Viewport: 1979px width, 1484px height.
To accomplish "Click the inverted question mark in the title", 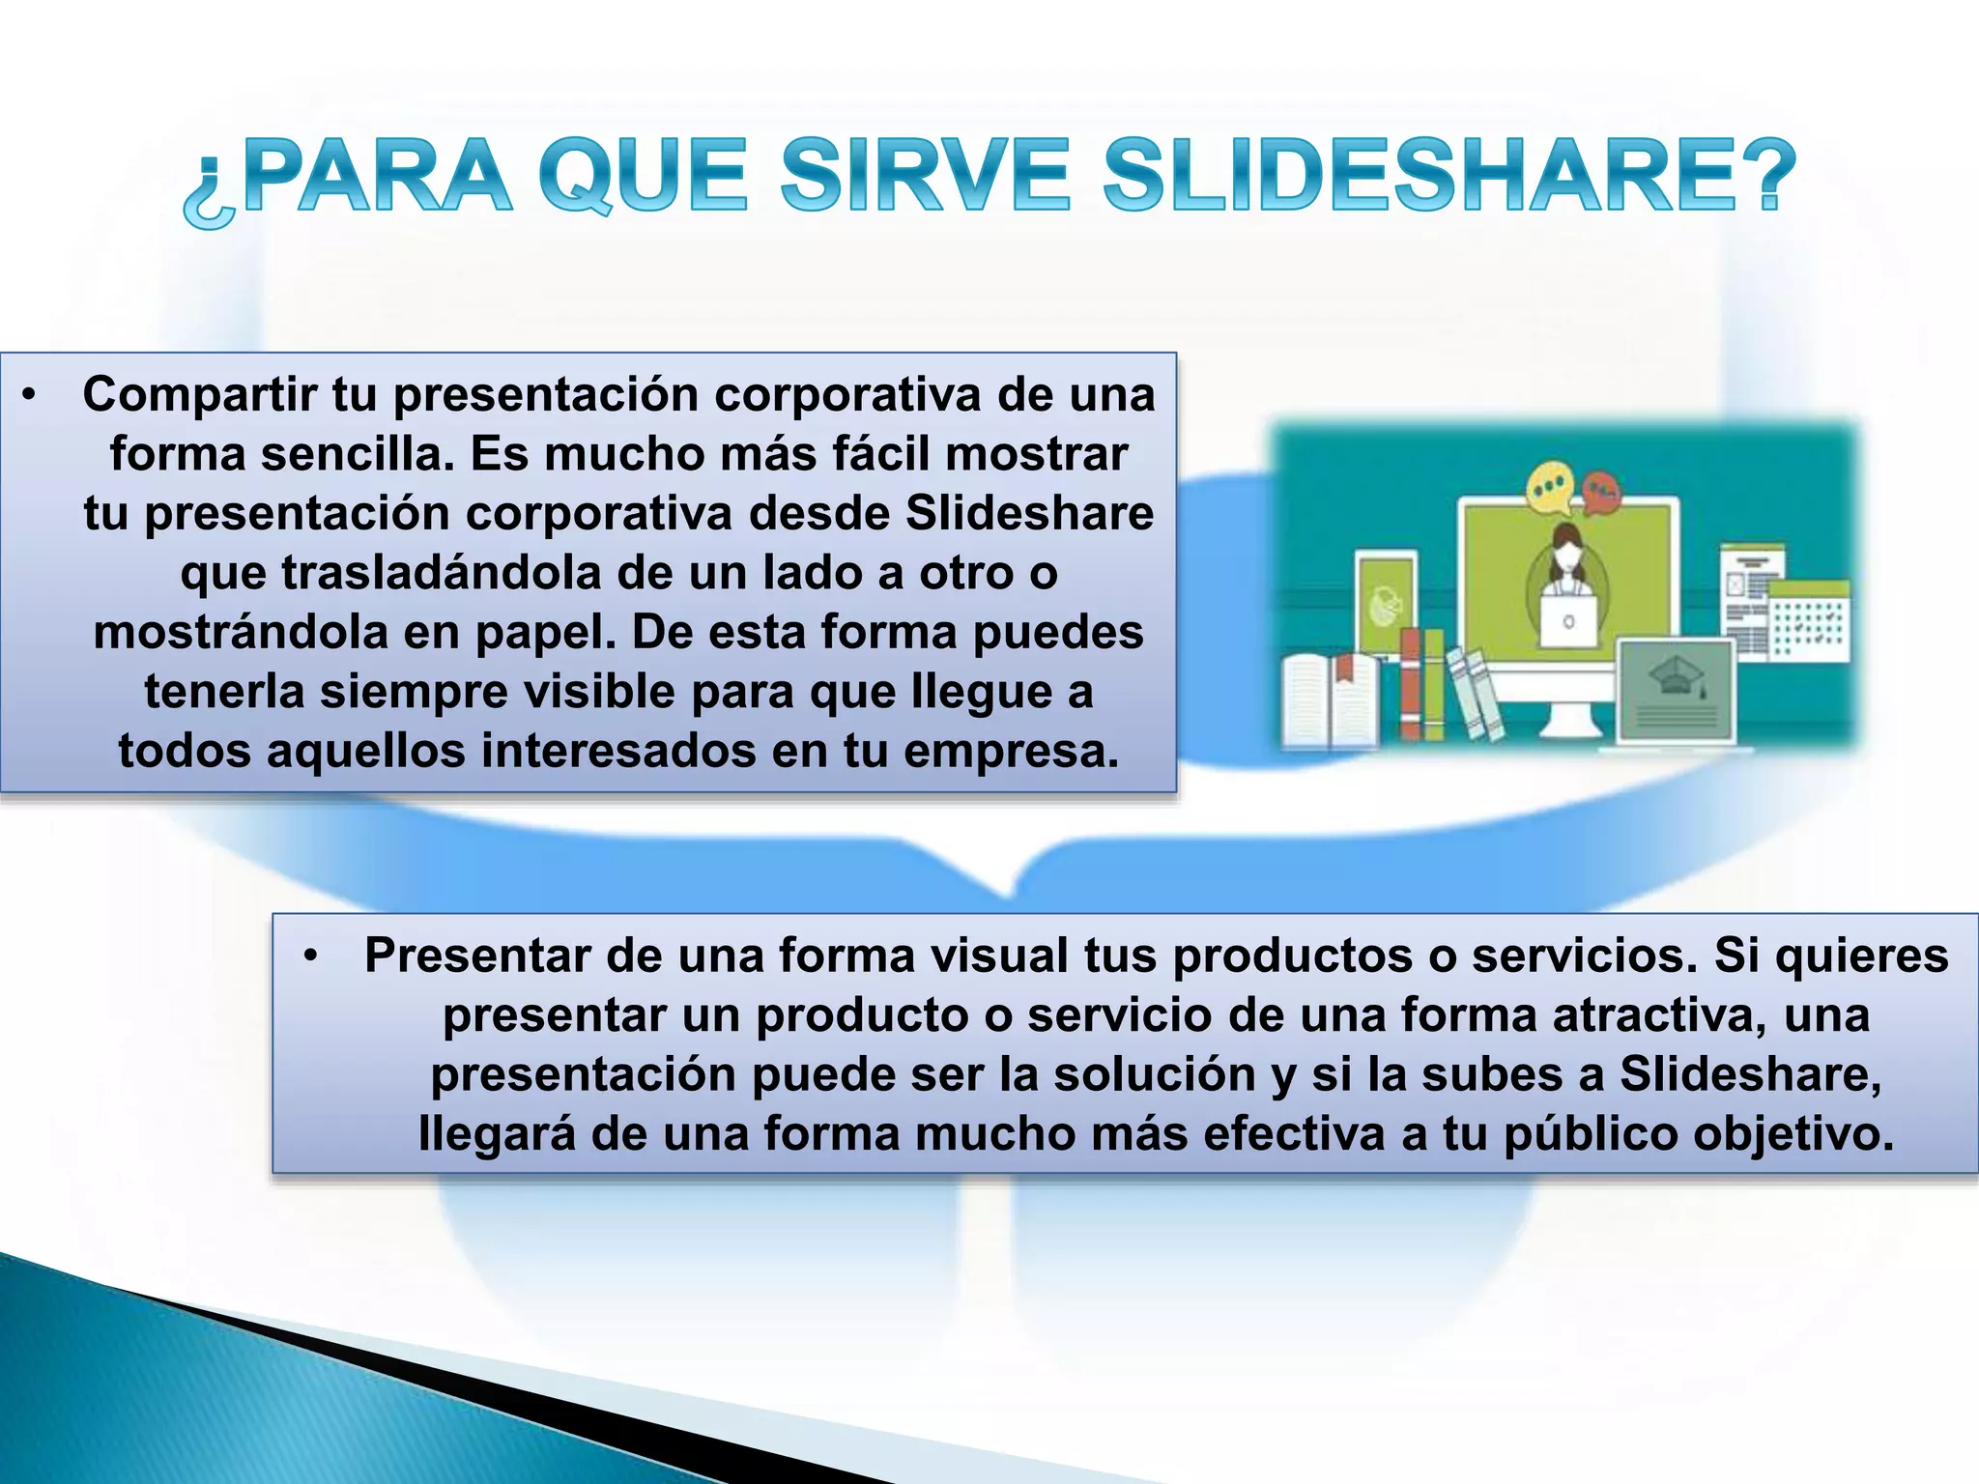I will coord(209,193).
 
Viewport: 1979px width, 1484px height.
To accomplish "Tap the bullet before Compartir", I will coord(30,395).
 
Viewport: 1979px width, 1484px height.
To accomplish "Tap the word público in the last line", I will coord(1584,1134).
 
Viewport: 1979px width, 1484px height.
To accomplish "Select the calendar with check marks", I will coord(1808,619).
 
